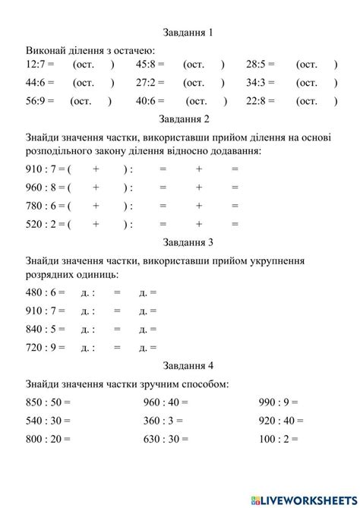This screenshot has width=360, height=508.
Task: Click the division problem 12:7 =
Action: (x=39, y=65)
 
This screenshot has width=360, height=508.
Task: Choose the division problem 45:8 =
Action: (x=150, y=65)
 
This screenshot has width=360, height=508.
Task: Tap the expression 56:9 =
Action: (x=39, y=101)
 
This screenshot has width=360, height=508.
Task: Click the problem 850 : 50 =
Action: (x=48, y=402)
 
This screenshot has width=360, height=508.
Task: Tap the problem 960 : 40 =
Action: (x=166, y=402)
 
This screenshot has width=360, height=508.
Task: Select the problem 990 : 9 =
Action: (x=278, y=402)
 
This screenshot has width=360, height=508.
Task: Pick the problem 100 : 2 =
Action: (x=278, y=438)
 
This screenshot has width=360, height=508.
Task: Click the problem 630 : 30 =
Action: (x=166, y=438)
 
